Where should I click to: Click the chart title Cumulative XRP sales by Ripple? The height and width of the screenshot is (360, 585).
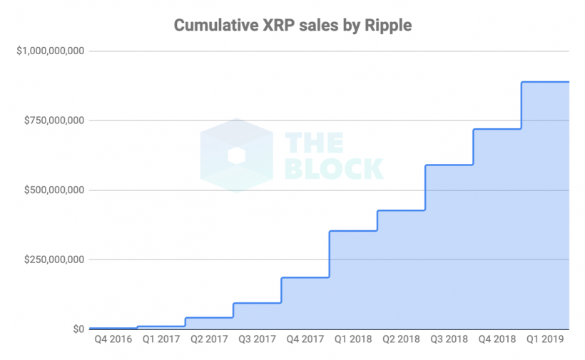point(292,26)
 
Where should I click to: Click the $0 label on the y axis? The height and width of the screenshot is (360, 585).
point(76,329)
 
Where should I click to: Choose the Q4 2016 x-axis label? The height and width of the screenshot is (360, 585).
point(113,340)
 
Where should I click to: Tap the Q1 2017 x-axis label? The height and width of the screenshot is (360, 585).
point(161,340)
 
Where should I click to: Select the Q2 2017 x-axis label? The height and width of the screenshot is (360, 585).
point(209,340)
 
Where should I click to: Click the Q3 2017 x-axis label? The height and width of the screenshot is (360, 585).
point(258,340)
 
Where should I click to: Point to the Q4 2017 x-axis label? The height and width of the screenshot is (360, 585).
point(305,340)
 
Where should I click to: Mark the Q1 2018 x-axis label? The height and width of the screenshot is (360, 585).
point(353,340)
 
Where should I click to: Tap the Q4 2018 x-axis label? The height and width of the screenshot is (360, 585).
point(497,340)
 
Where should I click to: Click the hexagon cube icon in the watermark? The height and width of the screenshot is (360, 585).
point(236,155)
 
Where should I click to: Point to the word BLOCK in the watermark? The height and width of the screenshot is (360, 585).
point(334,168)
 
